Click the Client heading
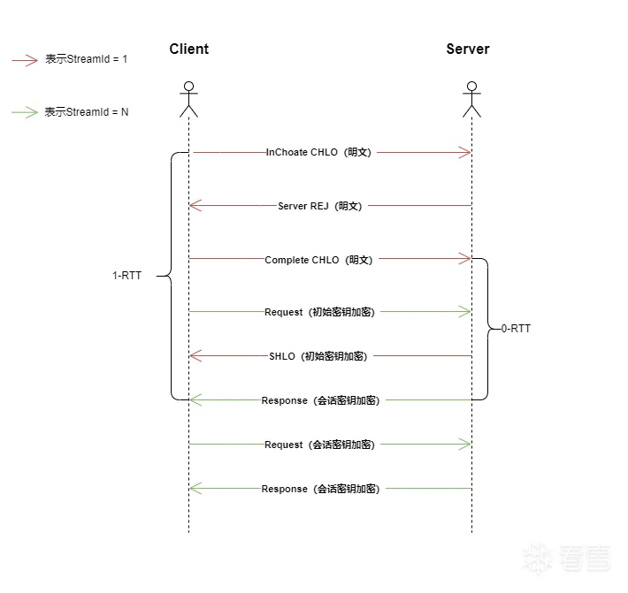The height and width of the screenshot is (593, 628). [x=189, y=49]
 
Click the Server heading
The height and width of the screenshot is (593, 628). [x=467, y=49]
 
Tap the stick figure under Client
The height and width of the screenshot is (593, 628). [x=188, y=99]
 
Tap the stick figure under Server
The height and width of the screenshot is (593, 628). [x=471, y=99]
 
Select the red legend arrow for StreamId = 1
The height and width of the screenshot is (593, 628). [x=25, y=60]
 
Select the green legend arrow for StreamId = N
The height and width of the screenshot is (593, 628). [x=25, y=112]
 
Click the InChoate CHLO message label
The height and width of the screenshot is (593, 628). [x=319, y=153]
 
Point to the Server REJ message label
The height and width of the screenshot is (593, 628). [x=319, y=206]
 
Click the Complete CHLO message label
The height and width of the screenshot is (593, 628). [x=319, y=260]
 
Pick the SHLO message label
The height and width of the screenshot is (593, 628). [x=318, y=356]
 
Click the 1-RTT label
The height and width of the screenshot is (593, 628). [x=126, y=276]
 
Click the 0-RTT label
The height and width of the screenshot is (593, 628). [x=516, y=329]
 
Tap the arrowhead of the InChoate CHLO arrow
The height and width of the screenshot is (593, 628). [x=465, y=153]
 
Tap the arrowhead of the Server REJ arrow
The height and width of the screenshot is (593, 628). [x=195, y=206]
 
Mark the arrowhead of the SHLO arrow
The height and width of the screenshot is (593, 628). [x=195, y=356]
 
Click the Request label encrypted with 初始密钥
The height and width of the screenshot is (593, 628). [x=319, y=312]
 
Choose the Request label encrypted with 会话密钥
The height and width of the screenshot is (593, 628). [x=319, y=445]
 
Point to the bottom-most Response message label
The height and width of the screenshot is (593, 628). [x=320, y=489]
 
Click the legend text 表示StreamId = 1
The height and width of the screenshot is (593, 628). [x=87, y=60]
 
